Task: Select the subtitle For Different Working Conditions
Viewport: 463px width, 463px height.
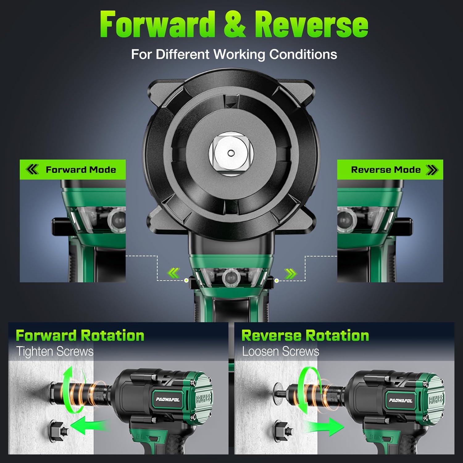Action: [234, 54]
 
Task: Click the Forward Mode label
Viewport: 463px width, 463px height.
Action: [81, 170]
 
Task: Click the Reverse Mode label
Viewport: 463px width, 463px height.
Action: [386, 170]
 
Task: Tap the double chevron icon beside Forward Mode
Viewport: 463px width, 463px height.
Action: [32, 169]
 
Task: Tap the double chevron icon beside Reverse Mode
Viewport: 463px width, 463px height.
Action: [432, 169]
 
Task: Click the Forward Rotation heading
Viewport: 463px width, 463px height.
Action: [80, 336]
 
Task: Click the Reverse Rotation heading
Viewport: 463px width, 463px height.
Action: [305, 336]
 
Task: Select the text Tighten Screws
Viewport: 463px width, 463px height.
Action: [55, 352]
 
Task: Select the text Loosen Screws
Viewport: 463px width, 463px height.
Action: [280, 352]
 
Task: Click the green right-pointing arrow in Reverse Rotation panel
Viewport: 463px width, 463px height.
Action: [324, 427]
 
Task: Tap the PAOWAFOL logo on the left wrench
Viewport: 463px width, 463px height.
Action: [168, 399]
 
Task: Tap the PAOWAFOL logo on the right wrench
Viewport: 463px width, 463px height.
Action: [400, 400]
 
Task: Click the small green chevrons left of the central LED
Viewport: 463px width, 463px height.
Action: [173, 273]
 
